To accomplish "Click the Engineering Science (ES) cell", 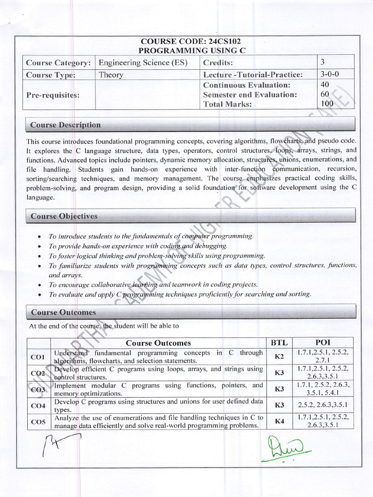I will [x=143, y=62].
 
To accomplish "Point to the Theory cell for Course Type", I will [x=111, y=75].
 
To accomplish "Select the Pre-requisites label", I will [x=52, y=95].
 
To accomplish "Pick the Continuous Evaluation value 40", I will [x=325, y=84].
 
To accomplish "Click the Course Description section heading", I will [x=66, y=125].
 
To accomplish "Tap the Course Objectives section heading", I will [x=64, y=216].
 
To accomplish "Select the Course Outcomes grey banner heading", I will [x=64, y=312].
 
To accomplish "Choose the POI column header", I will [x=322, y=342].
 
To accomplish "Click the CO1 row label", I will [x=38, y=357].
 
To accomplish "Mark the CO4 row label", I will [x=38, y=405].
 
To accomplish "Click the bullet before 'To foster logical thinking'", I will [x=39, y=256].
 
